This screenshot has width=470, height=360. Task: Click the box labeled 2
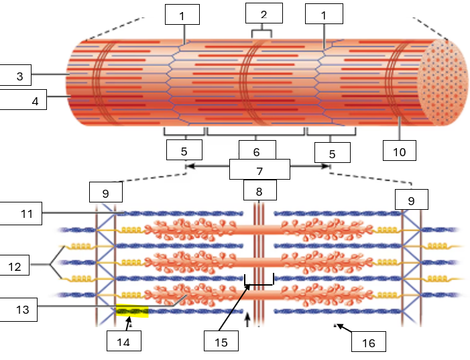[263, 13]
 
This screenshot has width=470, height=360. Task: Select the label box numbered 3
[21, 76]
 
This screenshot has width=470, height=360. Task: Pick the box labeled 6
[257, 152]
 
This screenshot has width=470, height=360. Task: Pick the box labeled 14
[124, 341]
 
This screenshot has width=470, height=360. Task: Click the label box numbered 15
[221, 341]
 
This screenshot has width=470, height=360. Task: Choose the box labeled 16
[369, 343]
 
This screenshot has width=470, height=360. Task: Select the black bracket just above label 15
[259, 282]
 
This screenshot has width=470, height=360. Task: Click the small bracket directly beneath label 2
[261, 32]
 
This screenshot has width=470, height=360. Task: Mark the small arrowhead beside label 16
[339, 326]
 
